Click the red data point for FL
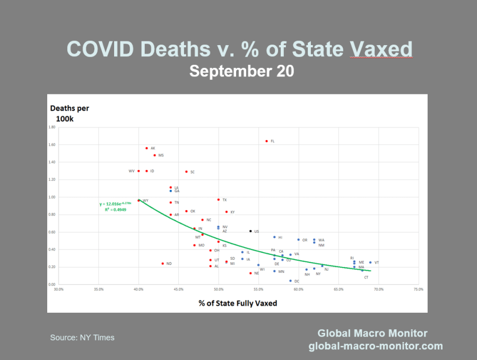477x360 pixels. [x=266, y=141]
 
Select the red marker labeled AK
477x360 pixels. [x=146, y=148]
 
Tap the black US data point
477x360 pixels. [x=250, y=231]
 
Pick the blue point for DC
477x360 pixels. [x=290, y=281]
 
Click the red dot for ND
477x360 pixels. [x=162, y=263]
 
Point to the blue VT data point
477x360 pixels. [x=370, y=262]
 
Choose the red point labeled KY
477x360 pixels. [x=227, y=212]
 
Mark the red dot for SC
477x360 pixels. [x=186, y=172]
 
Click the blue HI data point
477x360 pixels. [x=274, y=237]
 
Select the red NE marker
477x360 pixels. [x=250, y=273]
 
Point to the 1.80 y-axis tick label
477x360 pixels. [x=52, y=127]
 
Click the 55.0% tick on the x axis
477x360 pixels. [x=258, y=290]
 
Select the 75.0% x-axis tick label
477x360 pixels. [x=418, y=290]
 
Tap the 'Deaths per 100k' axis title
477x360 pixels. [x=70, y=113]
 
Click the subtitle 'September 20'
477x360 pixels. [x=241, y=72]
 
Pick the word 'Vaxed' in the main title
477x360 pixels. [x=381, y=49]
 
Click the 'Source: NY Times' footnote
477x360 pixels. [x=82, y=338]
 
